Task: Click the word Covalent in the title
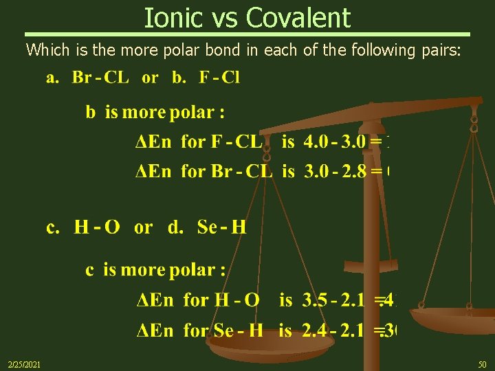301,17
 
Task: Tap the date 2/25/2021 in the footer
23,363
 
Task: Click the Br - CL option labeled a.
100,77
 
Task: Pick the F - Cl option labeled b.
219,77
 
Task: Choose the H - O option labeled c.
97,227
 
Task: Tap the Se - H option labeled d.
221,227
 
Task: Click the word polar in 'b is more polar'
192,112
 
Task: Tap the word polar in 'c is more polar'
190,270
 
